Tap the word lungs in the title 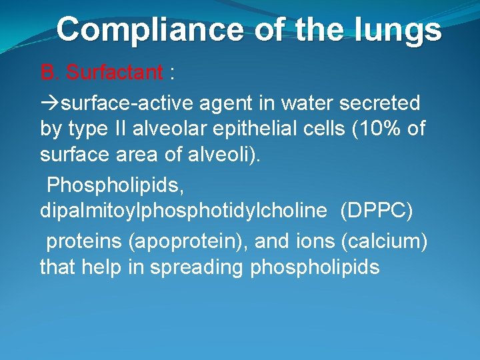[x=403, y=29]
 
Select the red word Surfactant [x=114, y=72]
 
